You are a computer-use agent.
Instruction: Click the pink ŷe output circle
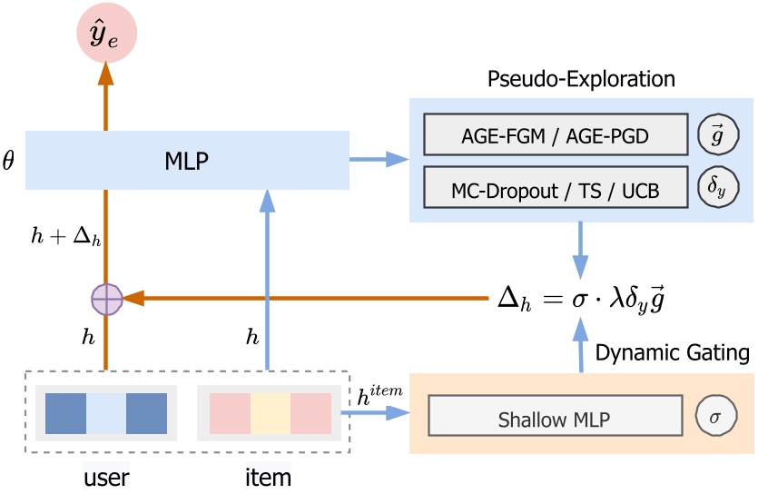[106, 35]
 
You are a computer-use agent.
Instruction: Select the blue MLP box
[187, 161]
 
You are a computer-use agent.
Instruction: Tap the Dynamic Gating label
[673, 352]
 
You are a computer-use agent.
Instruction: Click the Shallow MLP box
[555, 420]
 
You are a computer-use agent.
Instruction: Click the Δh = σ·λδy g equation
[586, 297]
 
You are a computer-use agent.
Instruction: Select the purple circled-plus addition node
[106, 297]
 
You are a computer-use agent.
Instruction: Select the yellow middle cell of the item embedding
[271, 413]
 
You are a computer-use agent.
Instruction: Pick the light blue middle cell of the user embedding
[106, 413]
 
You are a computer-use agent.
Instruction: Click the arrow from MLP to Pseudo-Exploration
[380, 161]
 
